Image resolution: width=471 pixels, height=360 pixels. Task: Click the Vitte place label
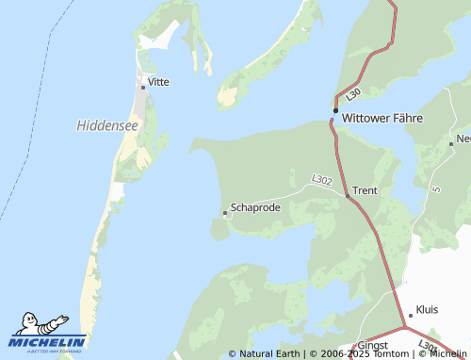coord(159,82)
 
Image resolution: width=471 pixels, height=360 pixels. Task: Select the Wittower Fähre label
coord(382,119)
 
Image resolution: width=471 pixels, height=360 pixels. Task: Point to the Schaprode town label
coord(255,207)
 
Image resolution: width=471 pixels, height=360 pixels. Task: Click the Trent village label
coord(365,190)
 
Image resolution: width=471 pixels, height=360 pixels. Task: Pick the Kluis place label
coord(427,310)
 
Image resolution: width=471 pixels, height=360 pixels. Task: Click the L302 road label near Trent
coord(321,179)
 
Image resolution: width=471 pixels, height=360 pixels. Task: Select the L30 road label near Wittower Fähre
coord(352,94)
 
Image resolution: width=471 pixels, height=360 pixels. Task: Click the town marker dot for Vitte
coord(143,87)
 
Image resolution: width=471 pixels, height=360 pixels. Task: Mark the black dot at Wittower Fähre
coord(335,111)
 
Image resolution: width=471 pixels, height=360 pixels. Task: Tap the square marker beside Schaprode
coord(225,214)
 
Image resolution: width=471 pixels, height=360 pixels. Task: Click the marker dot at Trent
coord(348,196)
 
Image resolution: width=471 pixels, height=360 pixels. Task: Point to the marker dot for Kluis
coord(411,315)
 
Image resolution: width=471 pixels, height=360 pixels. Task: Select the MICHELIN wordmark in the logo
coord(48,342)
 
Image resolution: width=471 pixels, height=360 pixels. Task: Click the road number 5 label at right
coord(437,189)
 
